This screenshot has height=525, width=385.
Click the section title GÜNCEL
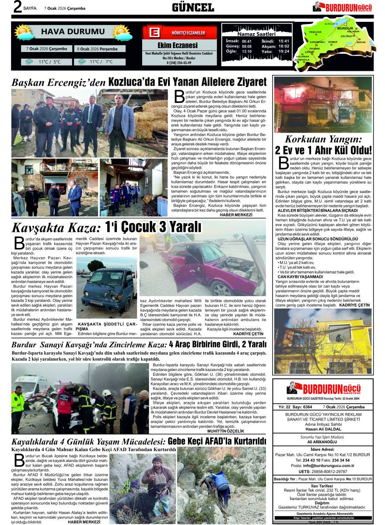[193, 7]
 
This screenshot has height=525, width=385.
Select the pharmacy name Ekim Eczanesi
[177, 45]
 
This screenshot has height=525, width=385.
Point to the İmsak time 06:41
[247, 41]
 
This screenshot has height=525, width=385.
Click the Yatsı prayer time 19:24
[284, 51]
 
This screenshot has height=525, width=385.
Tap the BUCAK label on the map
[360, 42]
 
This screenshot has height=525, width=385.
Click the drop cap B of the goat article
[18, 461]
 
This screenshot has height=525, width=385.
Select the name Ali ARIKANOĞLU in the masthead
[322, 442]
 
